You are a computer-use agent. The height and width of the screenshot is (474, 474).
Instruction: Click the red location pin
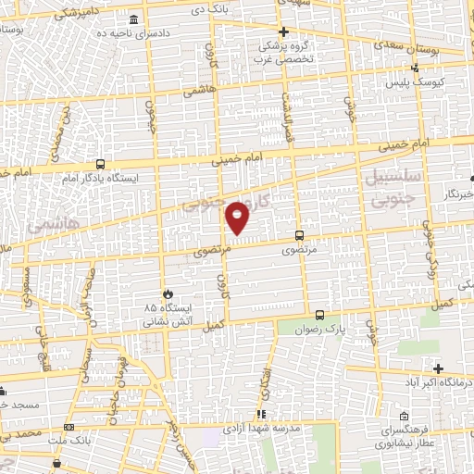point(238,217)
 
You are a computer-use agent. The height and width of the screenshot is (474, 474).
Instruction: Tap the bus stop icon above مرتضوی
point(298,235)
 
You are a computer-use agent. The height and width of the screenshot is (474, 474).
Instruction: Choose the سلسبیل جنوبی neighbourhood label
point(394,185)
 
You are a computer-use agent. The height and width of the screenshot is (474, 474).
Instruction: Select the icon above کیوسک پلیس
point(415,67)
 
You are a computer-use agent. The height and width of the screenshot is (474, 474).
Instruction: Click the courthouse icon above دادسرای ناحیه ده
point(136,20)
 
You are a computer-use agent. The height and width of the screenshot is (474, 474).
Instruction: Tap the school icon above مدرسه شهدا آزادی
point(262,414)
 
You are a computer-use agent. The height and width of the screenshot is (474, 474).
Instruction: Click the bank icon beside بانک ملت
point(69,427)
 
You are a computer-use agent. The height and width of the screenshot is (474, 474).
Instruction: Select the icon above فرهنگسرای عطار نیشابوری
point(404,416)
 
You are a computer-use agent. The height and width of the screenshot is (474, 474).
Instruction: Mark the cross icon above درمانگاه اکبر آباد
point(437,368)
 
